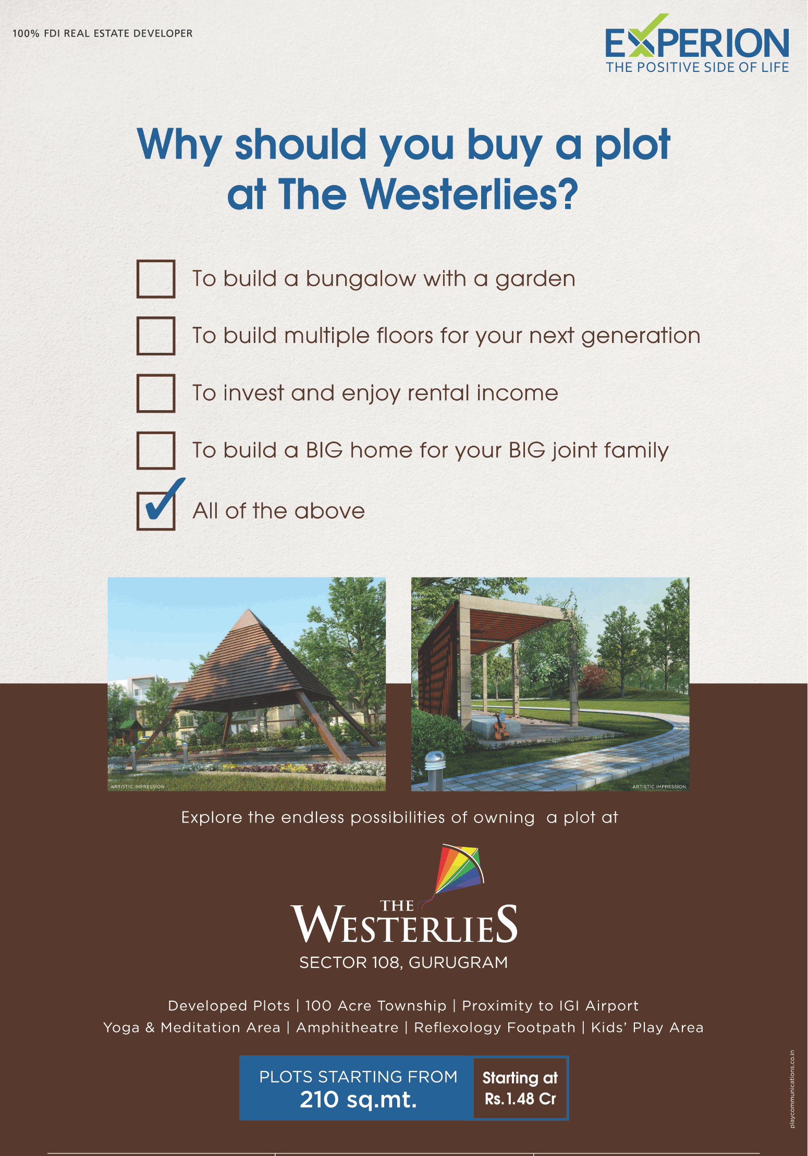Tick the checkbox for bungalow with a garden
coord(155,279)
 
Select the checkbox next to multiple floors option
coord(155,336)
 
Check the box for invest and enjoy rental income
coord(155,393)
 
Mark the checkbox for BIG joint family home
coord(155,450)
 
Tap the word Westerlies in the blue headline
coord(469,194)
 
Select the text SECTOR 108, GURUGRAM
coord(403,963)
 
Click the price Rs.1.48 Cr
coord(520,1099)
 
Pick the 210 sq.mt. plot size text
coord(358,1100)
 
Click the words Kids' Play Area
coord(647,1028)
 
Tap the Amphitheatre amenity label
coord(347,1028)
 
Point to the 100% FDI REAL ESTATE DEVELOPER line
coord(103,33)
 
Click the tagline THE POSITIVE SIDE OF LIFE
coord(697,67)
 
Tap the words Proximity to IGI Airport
coord(550,1006)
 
